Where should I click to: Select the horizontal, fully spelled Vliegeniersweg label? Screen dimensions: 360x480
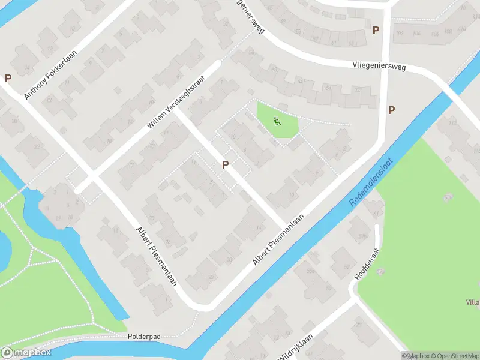[x=379, y=65]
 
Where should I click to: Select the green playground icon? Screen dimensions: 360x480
[x=277, y=121]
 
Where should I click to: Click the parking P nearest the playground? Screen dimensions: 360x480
[x=226, y=164]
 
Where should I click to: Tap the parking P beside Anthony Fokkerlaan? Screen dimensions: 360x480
[x=8, y=78]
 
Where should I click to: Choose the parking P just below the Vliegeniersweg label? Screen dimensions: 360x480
[x=391, y=110]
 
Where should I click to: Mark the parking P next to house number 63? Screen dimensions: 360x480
[x=376, y=30]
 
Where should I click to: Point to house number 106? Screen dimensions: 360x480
[x=417, y=33]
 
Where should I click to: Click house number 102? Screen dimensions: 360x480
[x=401, y=33]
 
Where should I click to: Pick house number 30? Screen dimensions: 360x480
[x=151, y=218]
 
